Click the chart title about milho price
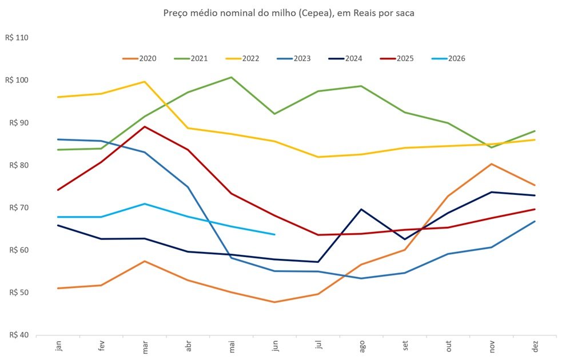289,13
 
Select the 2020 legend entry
139,59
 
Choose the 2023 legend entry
294,59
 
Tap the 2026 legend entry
448,59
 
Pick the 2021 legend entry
191,59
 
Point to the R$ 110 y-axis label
17,38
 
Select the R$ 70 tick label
19,207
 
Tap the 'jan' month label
58,346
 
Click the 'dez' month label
535,346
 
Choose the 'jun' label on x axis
275,346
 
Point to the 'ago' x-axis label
362,346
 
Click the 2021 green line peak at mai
231,77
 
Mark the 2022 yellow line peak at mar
145,82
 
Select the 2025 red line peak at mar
145,127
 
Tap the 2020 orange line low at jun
274,302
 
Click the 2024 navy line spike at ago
361,209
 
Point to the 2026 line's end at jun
274,234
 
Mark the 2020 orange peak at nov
491,164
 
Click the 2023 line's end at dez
535,222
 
